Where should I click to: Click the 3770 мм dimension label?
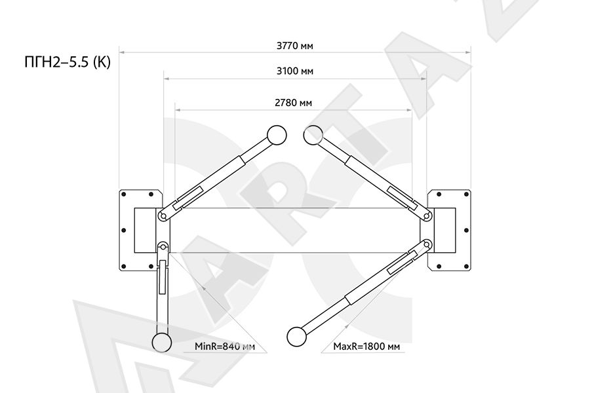[294, 46]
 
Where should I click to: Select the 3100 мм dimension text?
[294, 71]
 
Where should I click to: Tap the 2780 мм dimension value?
[293, 103]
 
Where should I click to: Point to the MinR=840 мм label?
[224, 346]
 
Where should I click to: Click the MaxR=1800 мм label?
[366, 346]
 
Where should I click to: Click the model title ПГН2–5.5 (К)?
[68, 62]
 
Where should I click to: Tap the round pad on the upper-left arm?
[277, 135]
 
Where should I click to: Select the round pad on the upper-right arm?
[313, 135]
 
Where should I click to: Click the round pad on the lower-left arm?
[162, 343]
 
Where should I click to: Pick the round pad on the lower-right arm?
[296, 337]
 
